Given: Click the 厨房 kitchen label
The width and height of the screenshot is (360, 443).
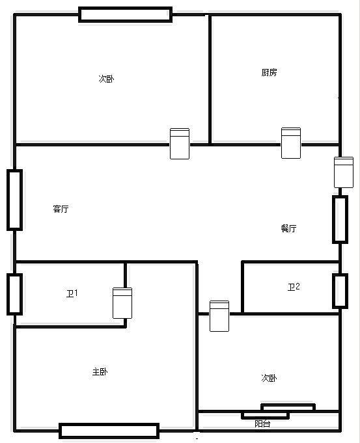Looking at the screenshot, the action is pos(269,73).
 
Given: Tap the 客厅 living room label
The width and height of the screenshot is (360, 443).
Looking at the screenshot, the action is pos(61,209).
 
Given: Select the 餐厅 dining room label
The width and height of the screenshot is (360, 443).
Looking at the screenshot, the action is pos(289,228).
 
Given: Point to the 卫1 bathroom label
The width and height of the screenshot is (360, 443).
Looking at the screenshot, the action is pos(72,293).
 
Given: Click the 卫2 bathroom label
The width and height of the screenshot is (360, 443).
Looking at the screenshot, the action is pos(294,287).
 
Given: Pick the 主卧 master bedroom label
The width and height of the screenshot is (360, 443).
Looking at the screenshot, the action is pos(100,371).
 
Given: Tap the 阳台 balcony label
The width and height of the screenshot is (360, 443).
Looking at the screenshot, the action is pos(262,423).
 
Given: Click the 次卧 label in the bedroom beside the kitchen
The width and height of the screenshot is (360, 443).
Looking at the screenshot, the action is pos(106,79).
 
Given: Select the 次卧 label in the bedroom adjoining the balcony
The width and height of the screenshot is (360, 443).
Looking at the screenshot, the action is pos(269,378).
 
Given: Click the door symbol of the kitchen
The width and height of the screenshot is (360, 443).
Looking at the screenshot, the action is pos(291,143).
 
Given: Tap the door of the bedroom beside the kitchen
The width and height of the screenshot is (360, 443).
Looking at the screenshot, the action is pos(180,144).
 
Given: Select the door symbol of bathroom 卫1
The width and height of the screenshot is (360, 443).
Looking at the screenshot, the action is pos(122,303).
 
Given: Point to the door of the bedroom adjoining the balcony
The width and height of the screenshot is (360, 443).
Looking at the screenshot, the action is pos(219,316).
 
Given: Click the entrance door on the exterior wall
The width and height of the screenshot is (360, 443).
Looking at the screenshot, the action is pos(344,172).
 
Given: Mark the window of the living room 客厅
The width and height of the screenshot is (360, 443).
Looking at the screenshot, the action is pos(15,200).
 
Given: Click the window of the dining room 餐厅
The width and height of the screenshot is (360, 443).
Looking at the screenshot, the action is pos(340,219).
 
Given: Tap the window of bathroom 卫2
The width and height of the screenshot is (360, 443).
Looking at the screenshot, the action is pos(340,291).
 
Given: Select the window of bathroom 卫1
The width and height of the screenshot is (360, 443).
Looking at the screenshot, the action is pos(15,294).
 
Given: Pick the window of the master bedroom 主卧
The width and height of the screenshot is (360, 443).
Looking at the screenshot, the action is pos(109,431).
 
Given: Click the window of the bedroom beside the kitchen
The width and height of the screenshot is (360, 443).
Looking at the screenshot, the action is pos(125,15).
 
